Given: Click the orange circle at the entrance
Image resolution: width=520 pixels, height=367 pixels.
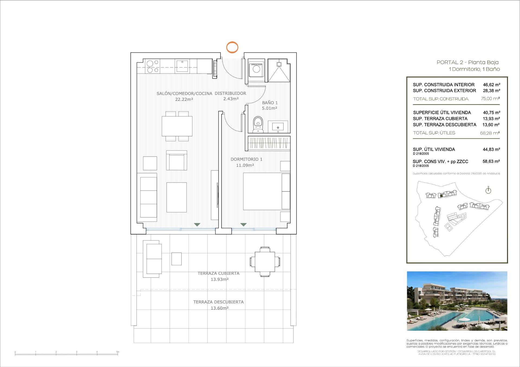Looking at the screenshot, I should point(232,47).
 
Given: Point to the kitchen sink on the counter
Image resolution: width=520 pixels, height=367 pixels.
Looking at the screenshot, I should point(182,66).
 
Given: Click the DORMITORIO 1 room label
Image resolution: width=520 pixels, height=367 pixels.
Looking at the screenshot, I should point(246,159).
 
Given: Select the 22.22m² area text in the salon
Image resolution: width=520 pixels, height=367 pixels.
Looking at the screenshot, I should point(184,99).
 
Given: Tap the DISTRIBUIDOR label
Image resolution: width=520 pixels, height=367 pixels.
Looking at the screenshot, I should point(230,93).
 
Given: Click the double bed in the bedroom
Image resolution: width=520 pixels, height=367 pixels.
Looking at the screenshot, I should point(263,191).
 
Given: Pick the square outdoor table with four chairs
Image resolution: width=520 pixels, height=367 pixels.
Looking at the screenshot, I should point(265,262).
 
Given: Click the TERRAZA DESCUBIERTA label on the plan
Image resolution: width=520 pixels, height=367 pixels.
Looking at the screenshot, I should point(218,302).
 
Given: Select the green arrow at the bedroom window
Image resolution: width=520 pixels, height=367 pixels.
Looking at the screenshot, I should point(243,224).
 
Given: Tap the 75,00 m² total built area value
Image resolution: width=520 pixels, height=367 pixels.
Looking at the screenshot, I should point(490,99).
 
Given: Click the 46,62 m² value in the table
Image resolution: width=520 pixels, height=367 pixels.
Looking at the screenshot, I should point(491,85).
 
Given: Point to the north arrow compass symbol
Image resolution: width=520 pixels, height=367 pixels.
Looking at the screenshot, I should point(488,190).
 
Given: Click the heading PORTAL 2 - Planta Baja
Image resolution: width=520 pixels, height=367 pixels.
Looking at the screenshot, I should point(467,62).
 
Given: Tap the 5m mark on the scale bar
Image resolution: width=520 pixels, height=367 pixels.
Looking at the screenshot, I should point(118,352).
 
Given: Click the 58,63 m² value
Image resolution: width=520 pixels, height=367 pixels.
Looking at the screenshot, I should point(491,161).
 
